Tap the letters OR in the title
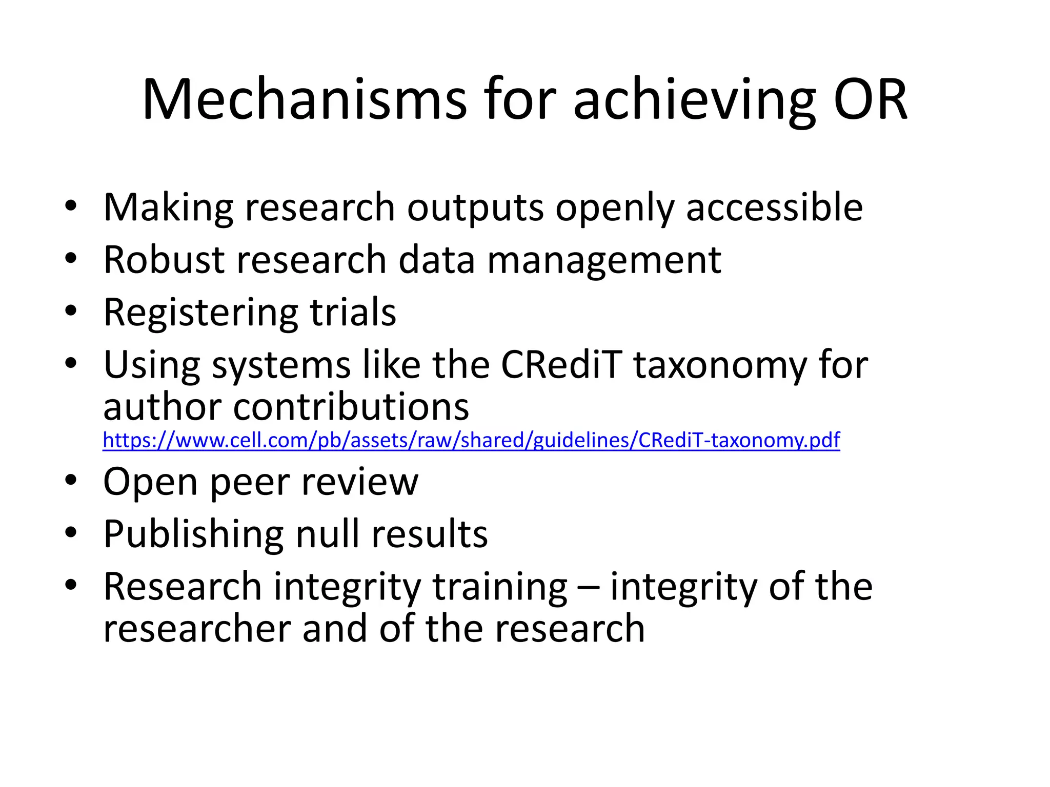[x=870, y=100]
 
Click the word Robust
[x=164, y=260]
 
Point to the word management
[x=604, y=261]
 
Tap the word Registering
[x=200, y=313]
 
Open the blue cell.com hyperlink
[x=471, y=440]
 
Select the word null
[x=328, y=534]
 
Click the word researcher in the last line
[x=197, y=629]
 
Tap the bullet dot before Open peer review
[x=71, y=481]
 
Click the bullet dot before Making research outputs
[x=71, y=206]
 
